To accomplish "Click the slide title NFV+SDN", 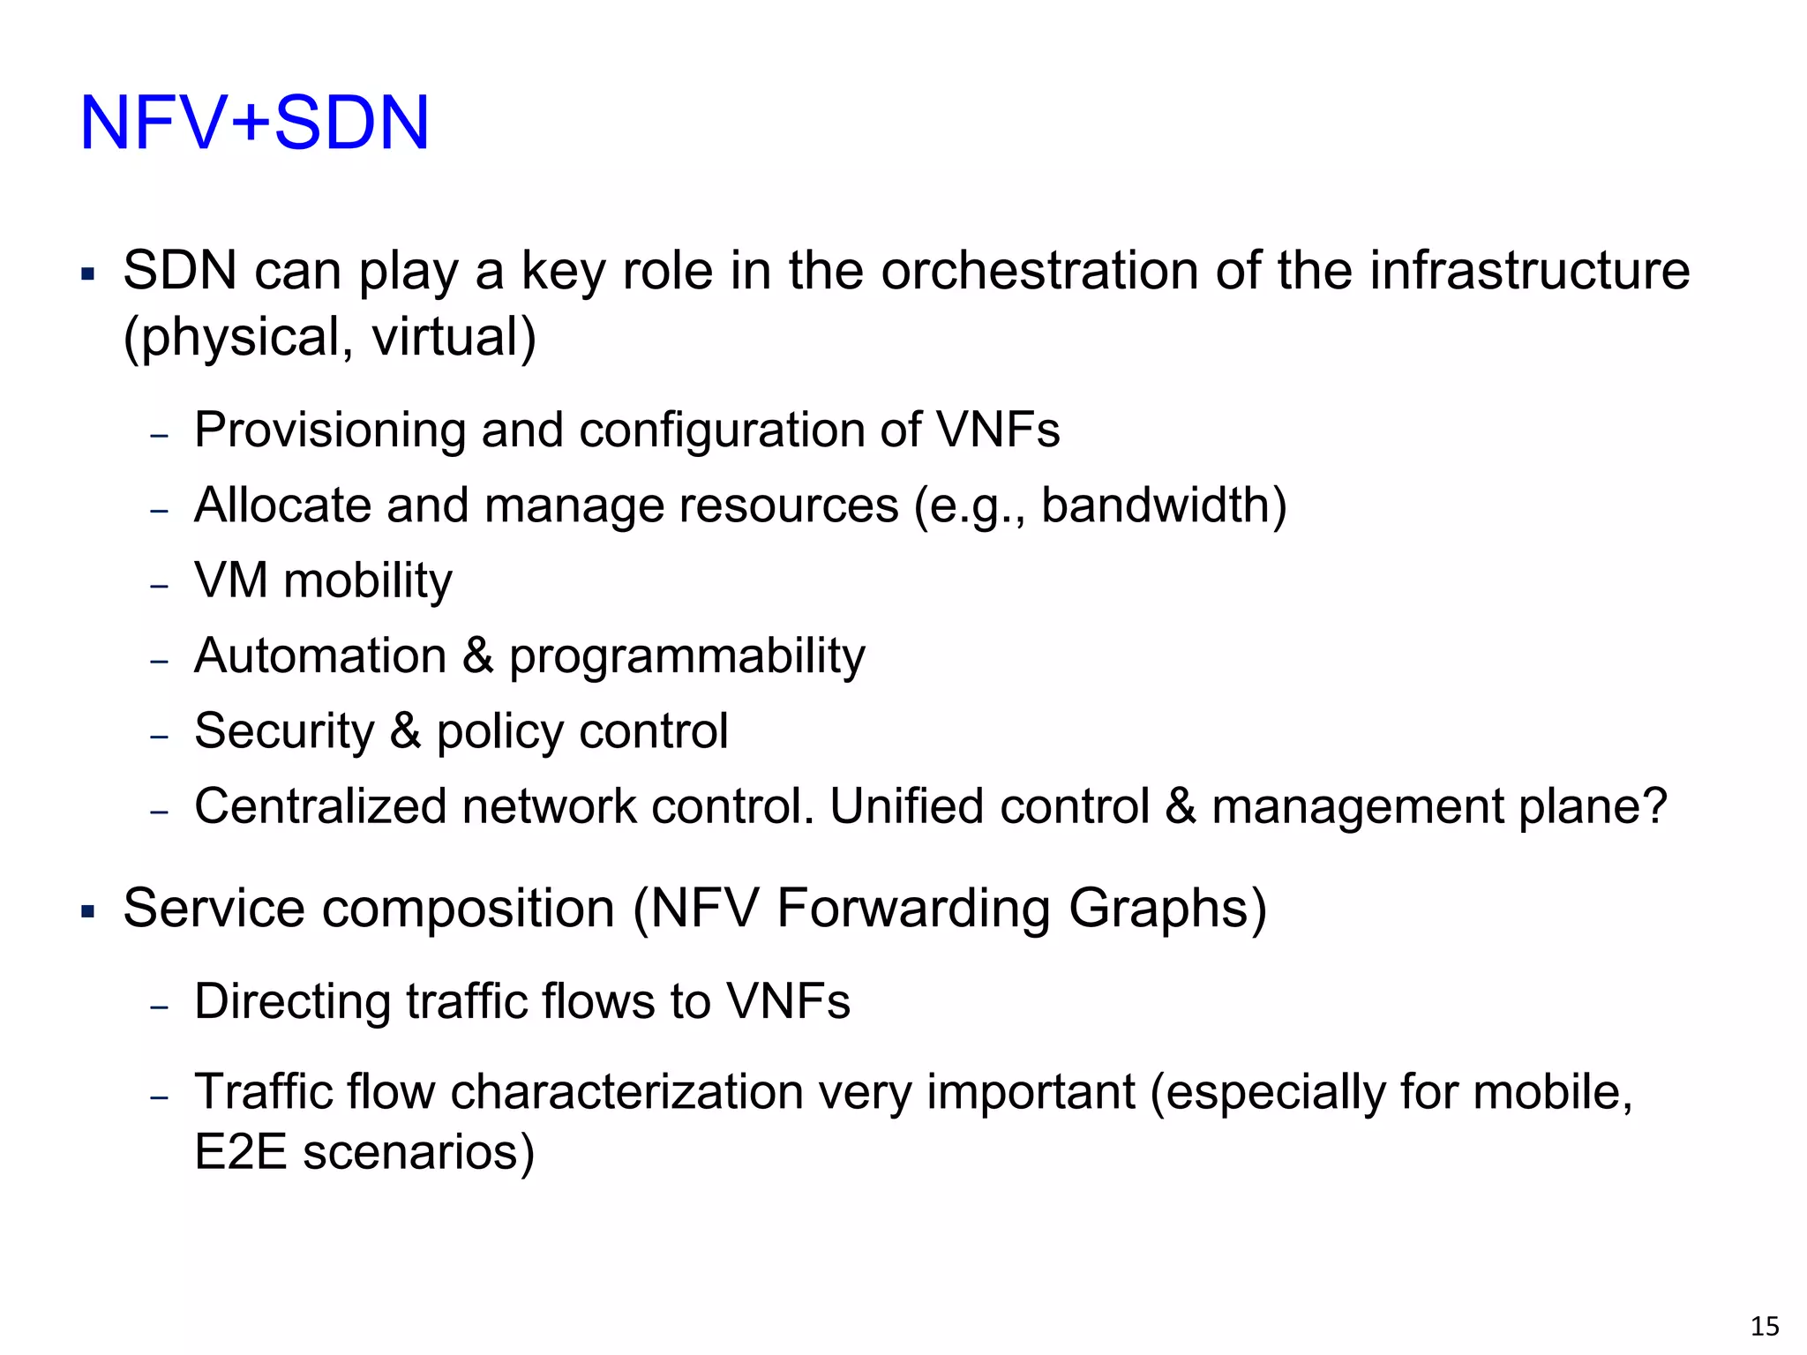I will [254, 124].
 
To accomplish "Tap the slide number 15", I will [1765, 1326].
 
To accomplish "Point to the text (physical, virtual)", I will [329, 338].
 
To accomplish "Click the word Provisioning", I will [329, 430].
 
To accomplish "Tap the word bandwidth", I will [1156, 505].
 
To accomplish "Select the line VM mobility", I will [323, 581].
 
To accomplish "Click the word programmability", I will [687, 657].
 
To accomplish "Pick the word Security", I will [284, 731].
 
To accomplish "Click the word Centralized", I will [320, 806].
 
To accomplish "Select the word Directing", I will [292, 1001].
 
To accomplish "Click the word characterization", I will [627, 1092].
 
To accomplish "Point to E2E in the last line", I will [240, 1152].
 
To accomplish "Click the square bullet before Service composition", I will [87, 911].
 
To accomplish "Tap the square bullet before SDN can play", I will [87, 273].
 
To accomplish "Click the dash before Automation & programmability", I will [159, 661].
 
